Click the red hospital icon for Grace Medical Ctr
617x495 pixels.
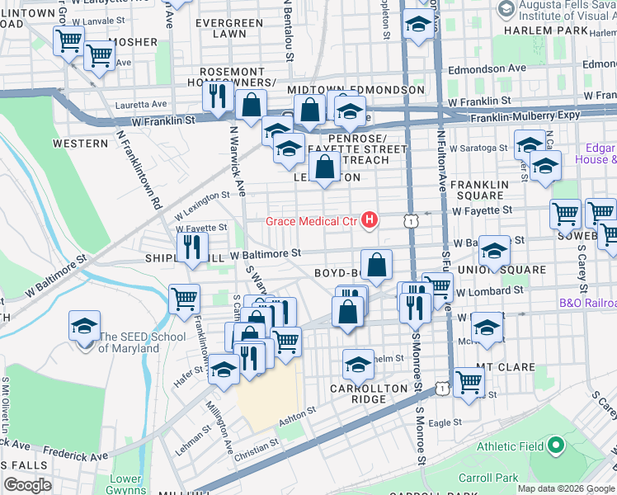point(370,220)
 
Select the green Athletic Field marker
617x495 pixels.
point(555,446)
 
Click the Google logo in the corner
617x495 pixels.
point(27,485)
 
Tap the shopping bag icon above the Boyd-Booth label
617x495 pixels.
point(376,266)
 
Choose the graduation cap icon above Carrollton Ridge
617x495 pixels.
point(358,364)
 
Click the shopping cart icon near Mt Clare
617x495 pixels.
point(469,383)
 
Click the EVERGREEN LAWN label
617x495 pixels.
point(220,28)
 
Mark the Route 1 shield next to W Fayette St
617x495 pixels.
point(410,220)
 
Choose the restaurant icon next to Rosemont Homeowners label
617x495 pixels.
point(219,96)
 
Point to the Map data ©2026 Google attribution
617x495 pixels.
point(565,488)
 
